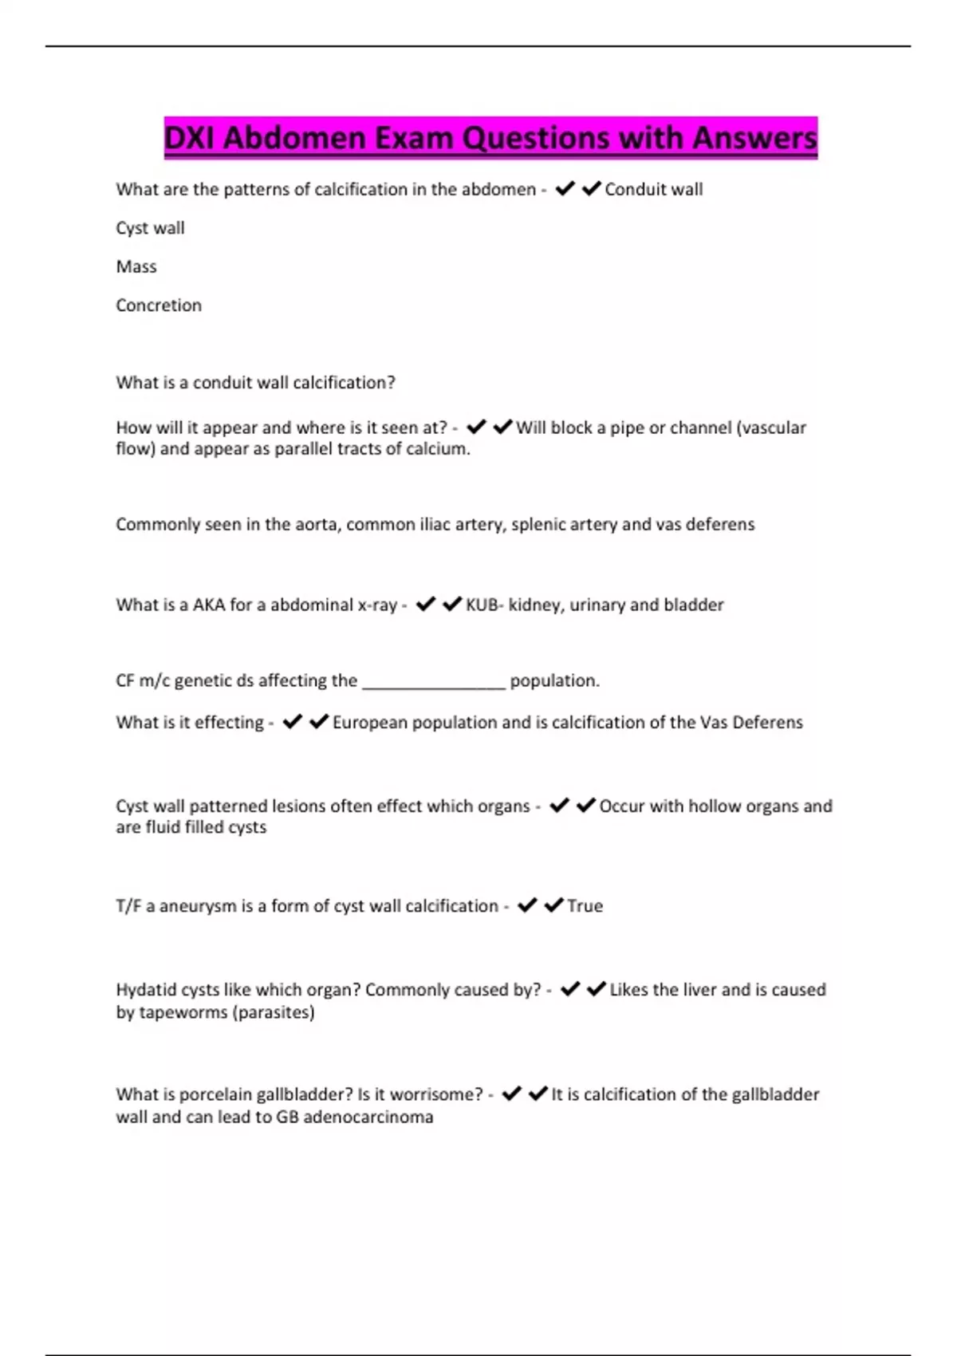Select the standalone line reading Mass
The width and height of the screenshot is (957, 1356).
coord(136,266)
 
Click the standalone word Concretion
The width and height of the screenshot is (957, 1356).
coord(159,305)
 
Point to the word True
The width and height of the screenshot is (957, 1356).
coord(585,906)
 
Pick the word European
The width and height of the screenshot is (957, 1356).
coord(369,723)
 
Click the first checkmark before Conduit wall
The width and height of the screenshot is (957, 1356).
coord(565,189)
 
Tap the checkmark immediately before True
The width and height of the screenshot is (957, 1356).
coord(553,905)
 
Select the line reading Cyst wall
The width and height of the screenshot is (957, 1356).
coord(150,228)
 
